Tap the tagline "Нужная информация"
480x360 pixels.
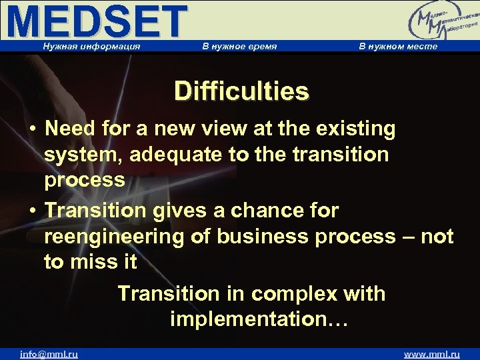pyautogui.click(x=91, y=47)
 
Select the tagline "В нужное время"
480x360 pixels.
pyautogui.click(x=239, y=47)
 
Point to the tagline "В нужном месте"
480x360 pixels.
pyautogui.click(x=398, y=47)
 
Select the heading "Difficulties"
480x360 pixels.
pyautogui.click(x=241, y=91)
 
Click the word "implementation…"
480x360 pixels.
pyautogui.click(x=259, y=319)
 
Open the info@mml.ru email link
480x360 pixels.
pyautogui.click(x=49, y=354)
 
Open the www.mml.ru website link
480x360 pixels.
pyautogui.click(x=433, y=354)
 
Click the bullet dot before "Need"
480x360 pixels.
pyautogui.click(x=32, y=129)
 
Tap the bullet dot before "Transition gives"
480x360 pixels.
pyautogui.click(x=32, y=211)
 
